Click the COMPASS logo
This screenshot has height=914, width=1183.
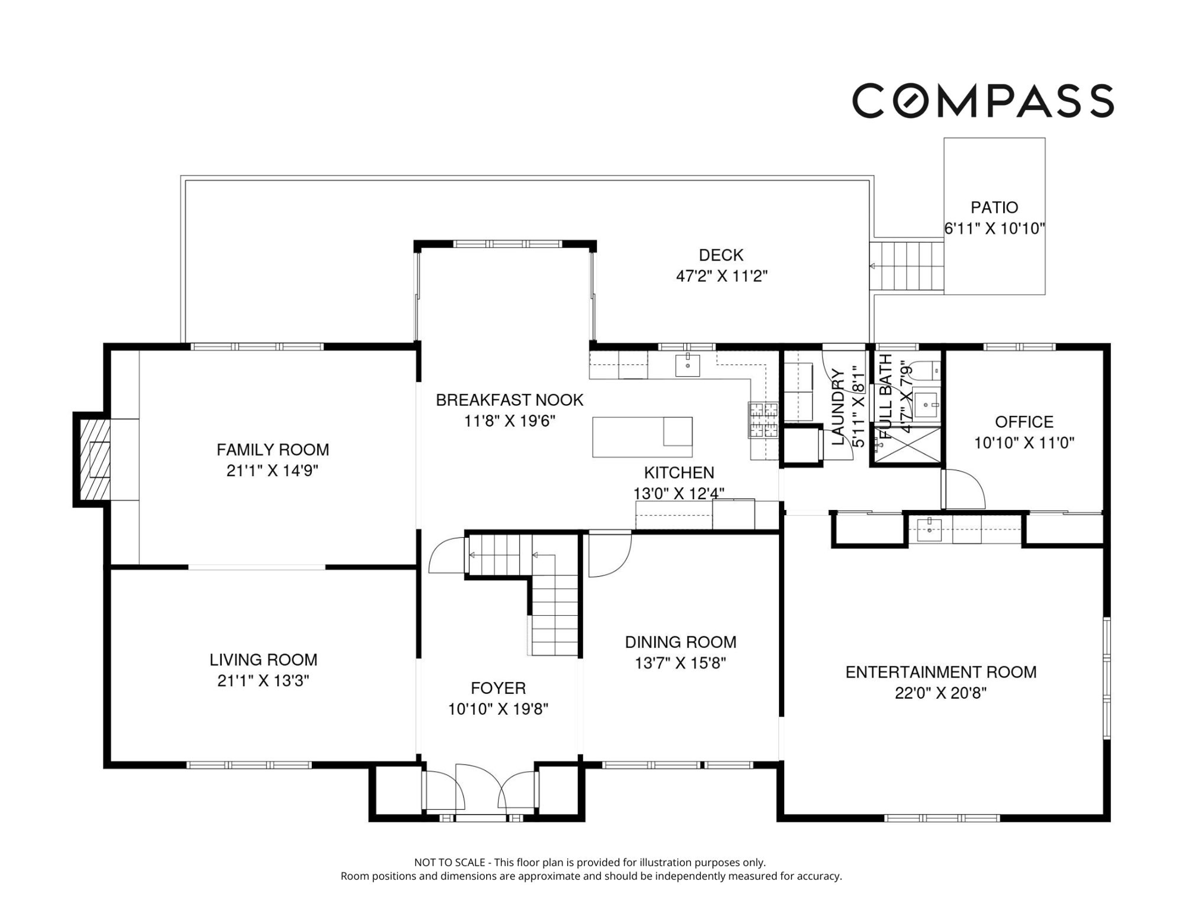pyautogui.click(x=983, y=101)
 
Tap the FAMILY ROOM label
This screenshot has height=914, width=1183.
pyautogui.click(x=273, y=450)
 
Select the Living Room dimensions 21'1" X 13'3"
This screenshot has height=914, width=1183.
pyautogui.click(x=263, y=681)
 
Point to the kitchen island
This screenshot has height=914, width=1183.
pyautogui.click(x=642, y=437)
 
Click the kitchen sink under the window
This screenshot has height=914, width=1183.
pyautogui.click(x=687, y=365)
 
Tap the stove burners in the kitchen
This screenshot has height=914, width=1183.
pyautogui.click(x=763, y=420)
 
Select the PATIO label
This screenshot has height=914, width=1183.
pyautogui.click(x=994, y=208)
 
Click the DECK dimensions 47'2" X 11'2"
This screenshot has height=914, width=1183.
pyautogui.click(x=722, y=276)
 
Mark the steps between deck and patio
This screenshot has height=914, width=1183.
pyautogui.click(x=907, y=266)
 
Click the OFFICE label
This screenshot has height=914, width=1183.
pyautogui.click(x=1024, y=422)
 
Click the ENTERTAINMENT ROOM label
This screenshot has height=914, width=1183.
pyautogui.click(x=941, y=672)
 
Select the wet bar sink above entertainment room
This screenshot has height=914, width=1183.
pyautogui.click(x=929, y=528)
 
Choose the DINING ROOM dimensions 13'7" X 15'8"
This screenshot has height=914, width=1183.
pyautogui.click(x=680, y=663)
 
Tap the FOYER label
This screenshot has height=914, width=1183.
pyautogui.click(x=498, y=688)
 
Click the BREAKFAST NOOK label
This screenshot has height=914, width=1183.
pyautogui.click(x=509, y=400)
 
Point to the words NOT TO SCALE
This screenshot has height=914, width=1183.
pyautogui.click(x=449, y=862)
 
